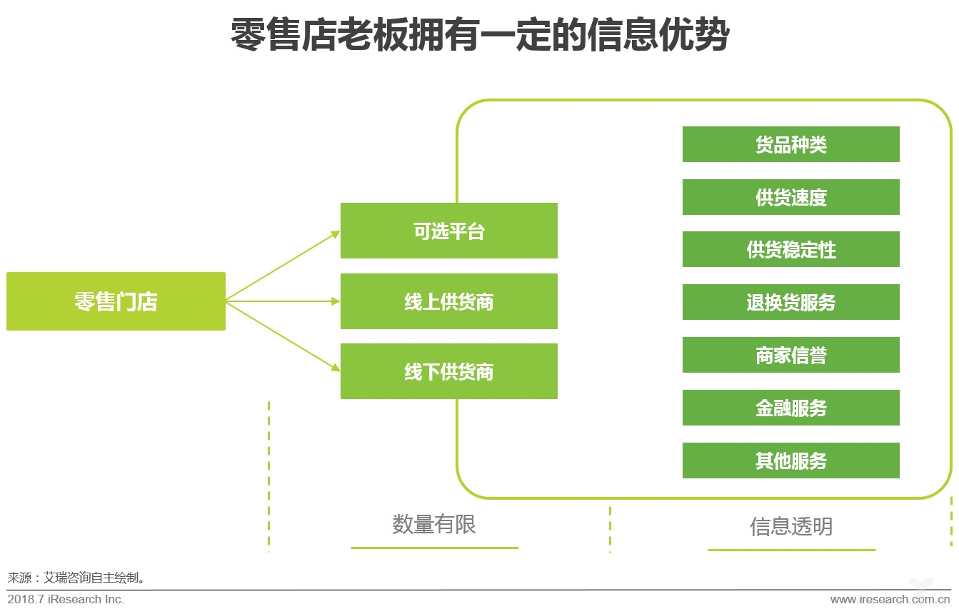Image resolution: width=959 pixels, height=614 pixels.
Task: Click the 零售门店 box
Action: click(116, 301)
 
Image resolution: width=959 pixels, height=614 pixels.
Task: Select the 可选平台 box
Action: click(448, 231)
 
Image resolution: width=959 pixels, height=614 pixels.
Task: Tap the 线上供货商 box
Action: click(448, 301)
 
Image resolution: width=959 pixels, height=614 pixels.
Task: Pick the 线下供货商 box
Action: click(448, 371)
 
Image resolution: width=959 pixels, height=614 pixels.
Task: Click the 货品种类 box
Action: click(790, 144)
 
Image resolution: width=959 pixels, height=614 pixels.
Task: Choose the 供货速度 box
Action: click(790, 197)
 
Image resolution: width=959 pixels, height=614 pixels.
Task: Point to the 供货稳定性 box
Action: click(790, 250)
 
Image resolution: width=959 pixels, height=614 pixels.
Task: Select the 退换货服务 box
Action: click(790, 302)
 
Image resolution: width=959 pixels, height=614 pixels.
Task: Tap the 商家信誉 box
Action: click(790, 355)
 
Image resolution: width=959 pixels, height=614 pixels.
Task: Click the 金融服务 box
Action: click(790, 408)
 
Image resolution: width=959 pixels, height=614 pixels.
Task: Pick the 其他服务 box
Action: click(790, 460)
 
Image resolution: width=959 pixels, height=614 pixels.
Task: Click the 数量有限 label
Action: click(433, 524)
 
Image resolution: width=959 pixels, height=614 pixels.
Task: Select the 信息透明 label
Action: click(790, 526)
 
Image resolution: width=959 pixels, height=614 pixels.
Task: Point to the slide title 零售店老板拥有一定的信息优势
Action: click(479, 34)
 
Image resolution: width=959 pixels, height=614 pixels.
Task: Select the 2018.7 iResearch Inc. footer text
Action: click(66, 600)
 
